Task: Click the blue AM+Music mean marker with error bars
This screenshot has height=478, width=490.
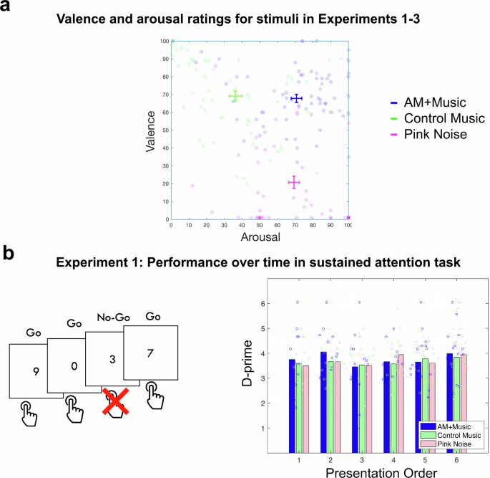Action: coord(296,98)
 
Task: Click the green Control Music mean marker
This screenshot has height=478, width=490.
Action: coord(235,96)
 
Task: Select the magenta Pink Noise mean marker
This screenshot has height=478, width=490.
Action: coord(293,183)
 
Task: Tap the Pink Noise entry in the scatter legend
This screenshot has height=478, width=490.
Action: coord(424,133)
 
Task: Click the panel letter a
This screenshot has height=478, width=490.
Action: coord(7,9)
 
